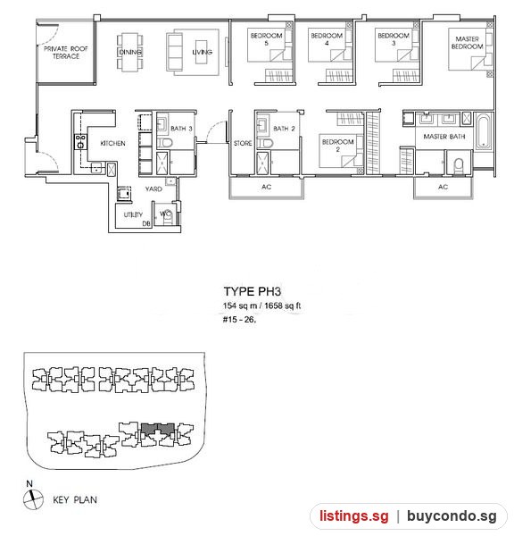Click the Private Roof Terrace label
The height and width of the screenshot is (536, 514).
(x=65, y=53)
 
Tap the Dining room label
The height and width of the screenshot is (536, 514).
(x=130, y=52)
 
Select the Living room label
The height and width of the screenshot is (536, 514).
(x=202, y=52)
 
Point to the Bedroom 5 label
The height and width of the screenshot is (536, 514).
(x=267, y=39)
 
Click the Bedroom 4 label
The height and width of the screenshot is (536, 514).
(x=327, y=39)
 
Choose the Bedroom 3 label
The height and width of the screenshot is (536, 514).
(x=394, y=39)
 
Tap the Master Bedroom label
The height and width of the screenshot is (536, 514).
(x=468, y=43)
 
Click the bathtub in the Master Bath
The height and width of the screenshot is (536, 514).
(x=484, y=131)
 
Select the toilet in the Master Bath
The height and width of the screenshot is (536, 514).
(x=459, y=165)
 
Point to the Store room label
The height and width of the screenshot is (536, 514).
(x=243, y=143)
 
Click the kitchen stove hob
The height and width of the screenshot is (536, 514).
(x=81, y=141)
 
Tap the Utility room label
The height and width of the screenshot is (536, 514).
(x=133, y=214)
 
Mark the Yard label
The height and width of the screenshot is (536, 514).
(x=153, y=188)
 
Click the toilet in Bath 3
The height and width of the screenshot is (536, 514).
(x=165, y=143)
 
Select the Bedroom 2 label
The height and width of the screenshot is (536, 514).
(x=338, y=146)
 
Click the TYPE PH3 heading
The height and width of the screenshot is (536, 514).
(x=253, y=291)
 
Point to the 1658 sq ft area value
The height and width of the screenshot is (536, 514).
(x=283, y=306)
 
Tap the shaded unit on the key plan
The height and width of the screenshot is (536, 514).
(x=158, y=430)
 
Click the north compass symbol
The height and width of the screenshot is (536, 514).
(x=33, y=498)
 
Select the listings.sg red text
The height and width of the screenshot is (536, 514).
(x=354, y=515)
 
